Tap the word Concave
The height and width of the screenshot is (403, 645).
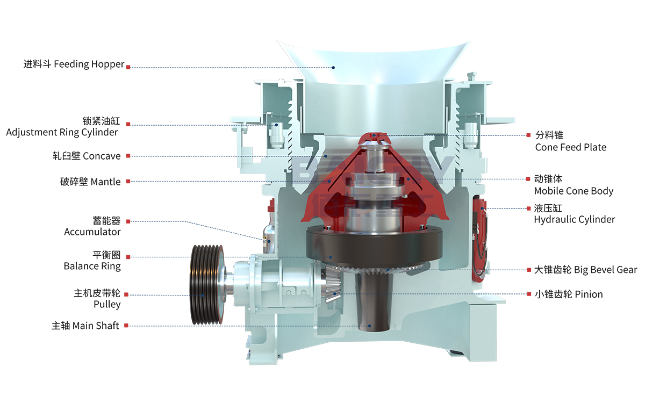pos(102,156)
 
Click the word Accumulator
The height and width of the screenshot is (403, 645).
pos(92,232)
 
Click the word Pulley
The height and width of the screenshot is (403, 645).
pos(107,305)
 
